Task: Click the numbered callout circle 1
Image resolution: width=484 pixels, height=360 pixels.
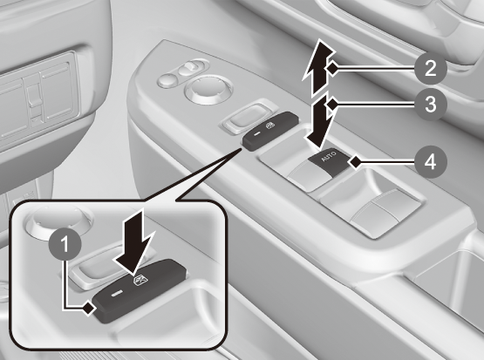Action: click(65, 244)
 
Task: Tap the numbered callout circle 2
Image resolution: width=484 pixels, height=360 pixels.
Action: click(431, 68)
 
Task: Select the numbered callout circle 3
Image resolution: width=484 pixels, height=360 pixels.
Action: click(431, 105)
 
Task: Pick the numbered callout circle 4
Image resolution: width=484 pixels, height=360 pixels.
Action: click(431, 161)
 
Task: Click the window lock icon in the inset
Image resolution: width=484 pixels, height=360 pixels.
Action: click(138, 280)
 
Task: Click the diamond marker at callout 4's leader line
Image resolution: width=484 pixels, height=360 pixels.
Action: click(355, 161)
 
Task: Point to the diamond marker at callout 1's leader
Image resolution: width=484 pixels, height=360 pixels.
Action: click(89, 308)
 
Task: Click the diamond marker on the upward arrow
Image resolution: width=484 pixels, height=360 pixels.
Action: click(332, 68)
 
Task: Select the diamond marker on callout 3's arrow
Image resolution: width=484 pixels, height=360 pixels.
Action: click(332, 105)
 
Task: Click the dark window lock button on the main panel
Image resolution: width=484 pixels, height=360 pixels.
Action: click(270, 132)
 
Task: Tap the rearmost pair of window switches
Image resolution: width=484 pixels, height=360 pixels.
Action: click(377, 210)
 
